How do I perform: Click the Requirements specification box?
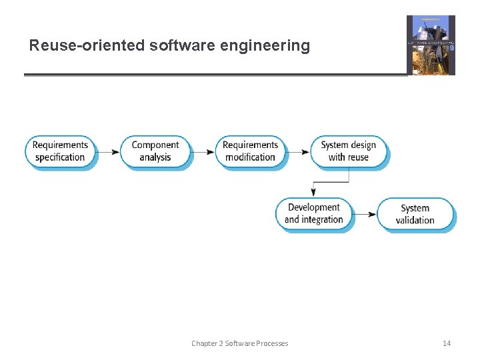60,151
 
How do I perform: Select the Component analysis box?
155,151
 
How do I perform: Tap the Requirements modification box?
250,151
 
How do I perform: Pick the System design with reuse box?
349,151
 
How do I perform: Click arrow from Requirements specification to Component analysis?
108,151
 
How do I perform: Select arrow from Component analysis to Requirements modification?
203,151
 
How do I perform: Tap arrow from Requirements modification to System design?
298,151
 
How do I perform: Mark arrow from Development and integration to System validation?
365,215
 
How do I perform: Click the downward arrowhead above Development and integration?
313,193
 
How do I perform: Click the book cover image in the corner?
431,45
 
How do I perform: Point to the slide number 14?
447,343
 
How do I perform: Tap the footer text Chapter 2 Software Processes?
240,343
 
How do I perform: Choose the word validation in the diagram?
415,221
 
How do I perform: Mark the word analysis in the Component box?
155,158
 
